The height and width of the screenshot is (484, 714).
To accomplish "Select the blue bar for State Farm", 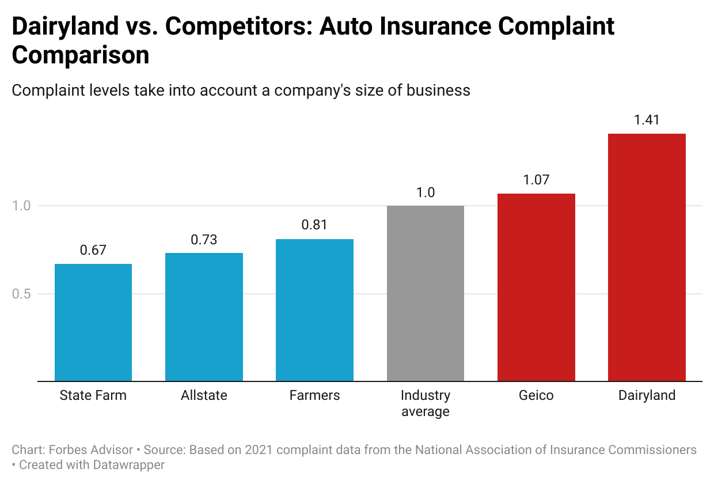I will [93, 323].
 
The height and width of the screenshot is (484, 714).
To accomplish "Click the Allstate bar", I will [204, 317].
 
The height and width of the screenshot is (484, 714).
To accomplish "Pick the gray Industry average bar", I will [426, 293].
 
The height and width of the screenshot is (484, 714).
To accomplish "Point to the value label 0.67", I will [93, 250].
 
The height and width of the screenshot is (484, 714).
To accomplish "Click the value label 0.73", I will [204, 239].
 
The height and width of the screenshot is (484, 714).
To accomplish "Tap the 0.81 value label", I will [314, 225].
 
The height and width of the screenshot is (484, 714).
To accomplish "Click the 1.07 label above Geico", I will [536, 180].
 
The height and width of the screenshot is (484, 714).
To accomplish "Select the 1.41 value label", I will [647, 120].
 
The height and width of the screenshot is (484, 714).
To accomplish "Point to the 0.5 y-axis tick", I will [22, 294].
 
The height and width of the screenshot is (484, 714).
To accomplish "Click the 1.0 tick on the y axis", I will [22, 206].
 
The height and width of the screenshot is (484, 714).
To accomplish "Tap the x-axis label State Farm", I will [93, 396].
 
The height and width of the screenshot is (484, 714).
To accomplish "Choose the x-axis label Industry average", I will [426, 404].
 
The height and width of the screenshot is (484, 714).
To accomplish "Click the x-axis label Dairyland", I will [647, 396].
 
